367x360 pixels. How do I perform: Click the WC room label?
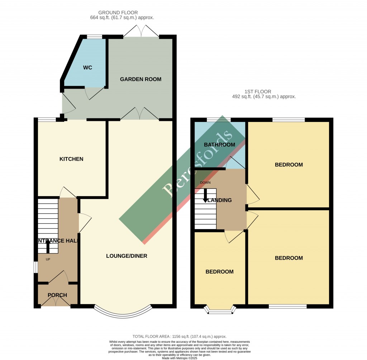[x=88, y=68]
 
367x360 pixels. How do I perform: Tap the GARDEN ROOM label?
[x=140, y=79]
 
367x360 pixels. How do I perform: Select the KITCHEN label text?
[x=71, y=159]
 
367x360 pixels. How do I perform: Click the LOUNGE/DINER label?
[x=127, y=256]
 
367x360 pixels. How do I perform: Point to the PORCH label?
[x=57, y=295]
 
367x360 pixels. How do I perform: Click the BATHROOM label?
[x=219, y=145]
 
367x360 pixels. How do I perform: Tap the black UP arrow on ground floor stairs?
[x=48, y=246]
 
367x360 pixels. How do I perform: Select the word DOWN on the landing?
[x=205, y=183]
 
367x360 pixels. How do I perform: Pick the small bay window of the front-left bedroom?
[x=220, y=311]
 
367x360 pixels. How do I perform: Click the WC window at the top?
[x=94, y=37]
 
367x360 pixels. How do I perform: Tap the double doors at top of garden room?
[x=141, y=31]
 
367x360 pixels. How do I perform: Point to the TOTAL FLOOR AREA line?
[x=179, y=336]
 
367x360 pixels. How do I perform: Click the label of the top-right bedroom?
[x=289, y=165]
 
